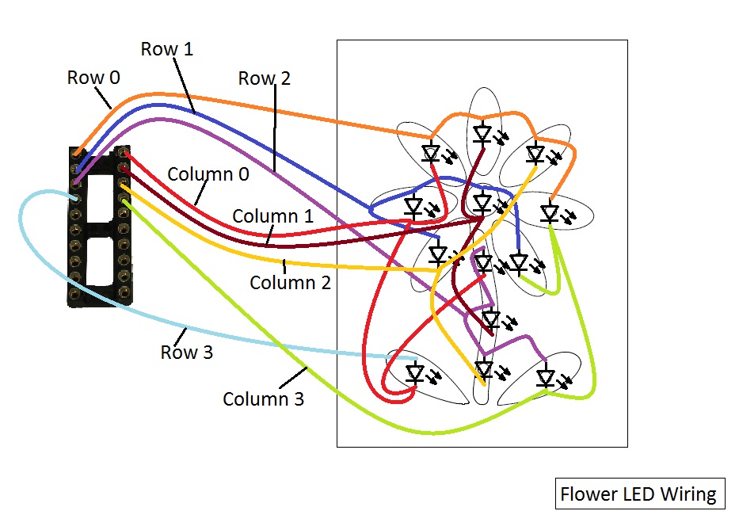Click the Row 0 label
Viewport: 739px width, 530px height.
pos(93,78)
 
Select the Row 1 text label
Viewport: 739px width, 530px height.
pos(167,49)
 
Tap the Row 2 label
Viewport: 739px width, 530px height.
pos(265,78)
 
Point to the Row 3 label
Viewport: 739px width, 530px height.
pos(187,353)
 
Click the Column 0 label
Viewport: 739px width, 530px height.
pos(208,174)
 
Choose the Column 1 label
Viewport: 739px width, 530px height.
pos(272,215)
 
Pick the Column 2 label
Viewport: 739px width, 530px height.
pos(290,282)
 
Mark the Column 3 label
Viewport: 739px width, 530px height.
pos(263,398)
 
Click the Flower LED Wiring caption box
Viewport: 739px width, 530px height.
pos(638,494)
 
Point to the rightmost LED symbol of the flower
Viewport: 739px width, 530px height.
pos(550,212)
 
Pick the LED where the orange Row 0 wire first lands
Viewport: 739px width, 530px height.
pos(431,152)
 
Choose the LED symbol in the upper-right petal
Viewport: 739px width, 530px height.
pos(536,152)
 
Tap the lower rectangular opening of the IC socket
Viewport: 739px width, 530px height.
pos(100,261)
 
